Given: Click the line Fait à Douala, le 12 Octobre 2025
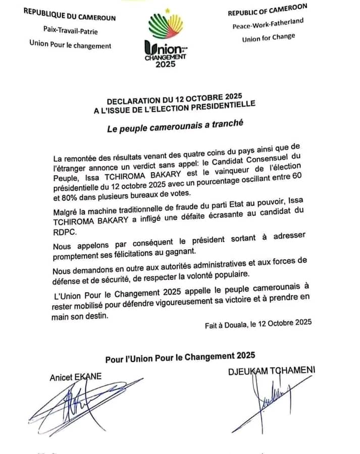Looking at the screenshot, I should click(x=258, y=323).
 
